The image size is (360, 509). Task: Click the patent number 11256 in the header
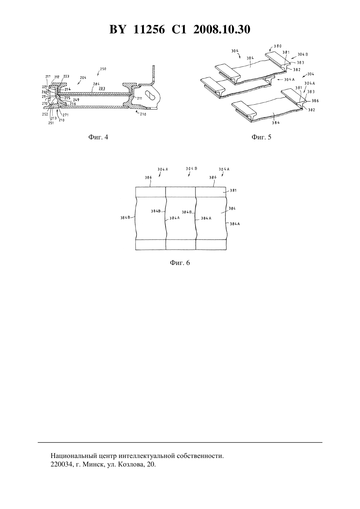click(149, 29)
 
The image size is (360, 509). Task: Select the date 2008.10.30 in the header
click(222, 29)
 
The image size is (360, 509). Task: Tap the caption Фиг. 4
click(98, 137)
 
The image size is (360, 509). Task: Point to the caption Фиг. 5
click(261, 137)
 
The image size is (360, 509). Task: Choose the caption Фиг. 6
click(180, 263)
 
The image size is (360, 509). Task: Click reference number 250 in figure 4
click(103, 69)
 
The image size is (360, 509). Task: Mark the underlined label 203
click(102, 88)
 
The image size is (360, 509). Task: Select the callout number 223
click(66, 76)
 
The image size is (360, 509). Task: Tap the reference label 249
click(76, 100)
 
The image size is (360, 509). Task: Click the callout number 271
click(65, 115)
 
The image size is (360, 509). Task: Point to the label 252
click(45, 114)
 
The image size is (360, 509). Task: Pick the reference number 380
click(278, 46)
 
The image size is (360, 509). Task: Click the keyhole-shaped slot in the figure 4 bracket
click(151, 95)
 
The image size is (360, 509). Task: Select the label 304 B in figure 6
click(191, 168)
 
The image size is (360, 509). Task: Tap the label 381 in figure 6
click(233, 190)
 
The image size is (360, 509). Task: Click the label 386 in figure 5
click(315, 101)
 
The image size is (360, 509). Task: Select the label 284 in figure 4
click(96, 84)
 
